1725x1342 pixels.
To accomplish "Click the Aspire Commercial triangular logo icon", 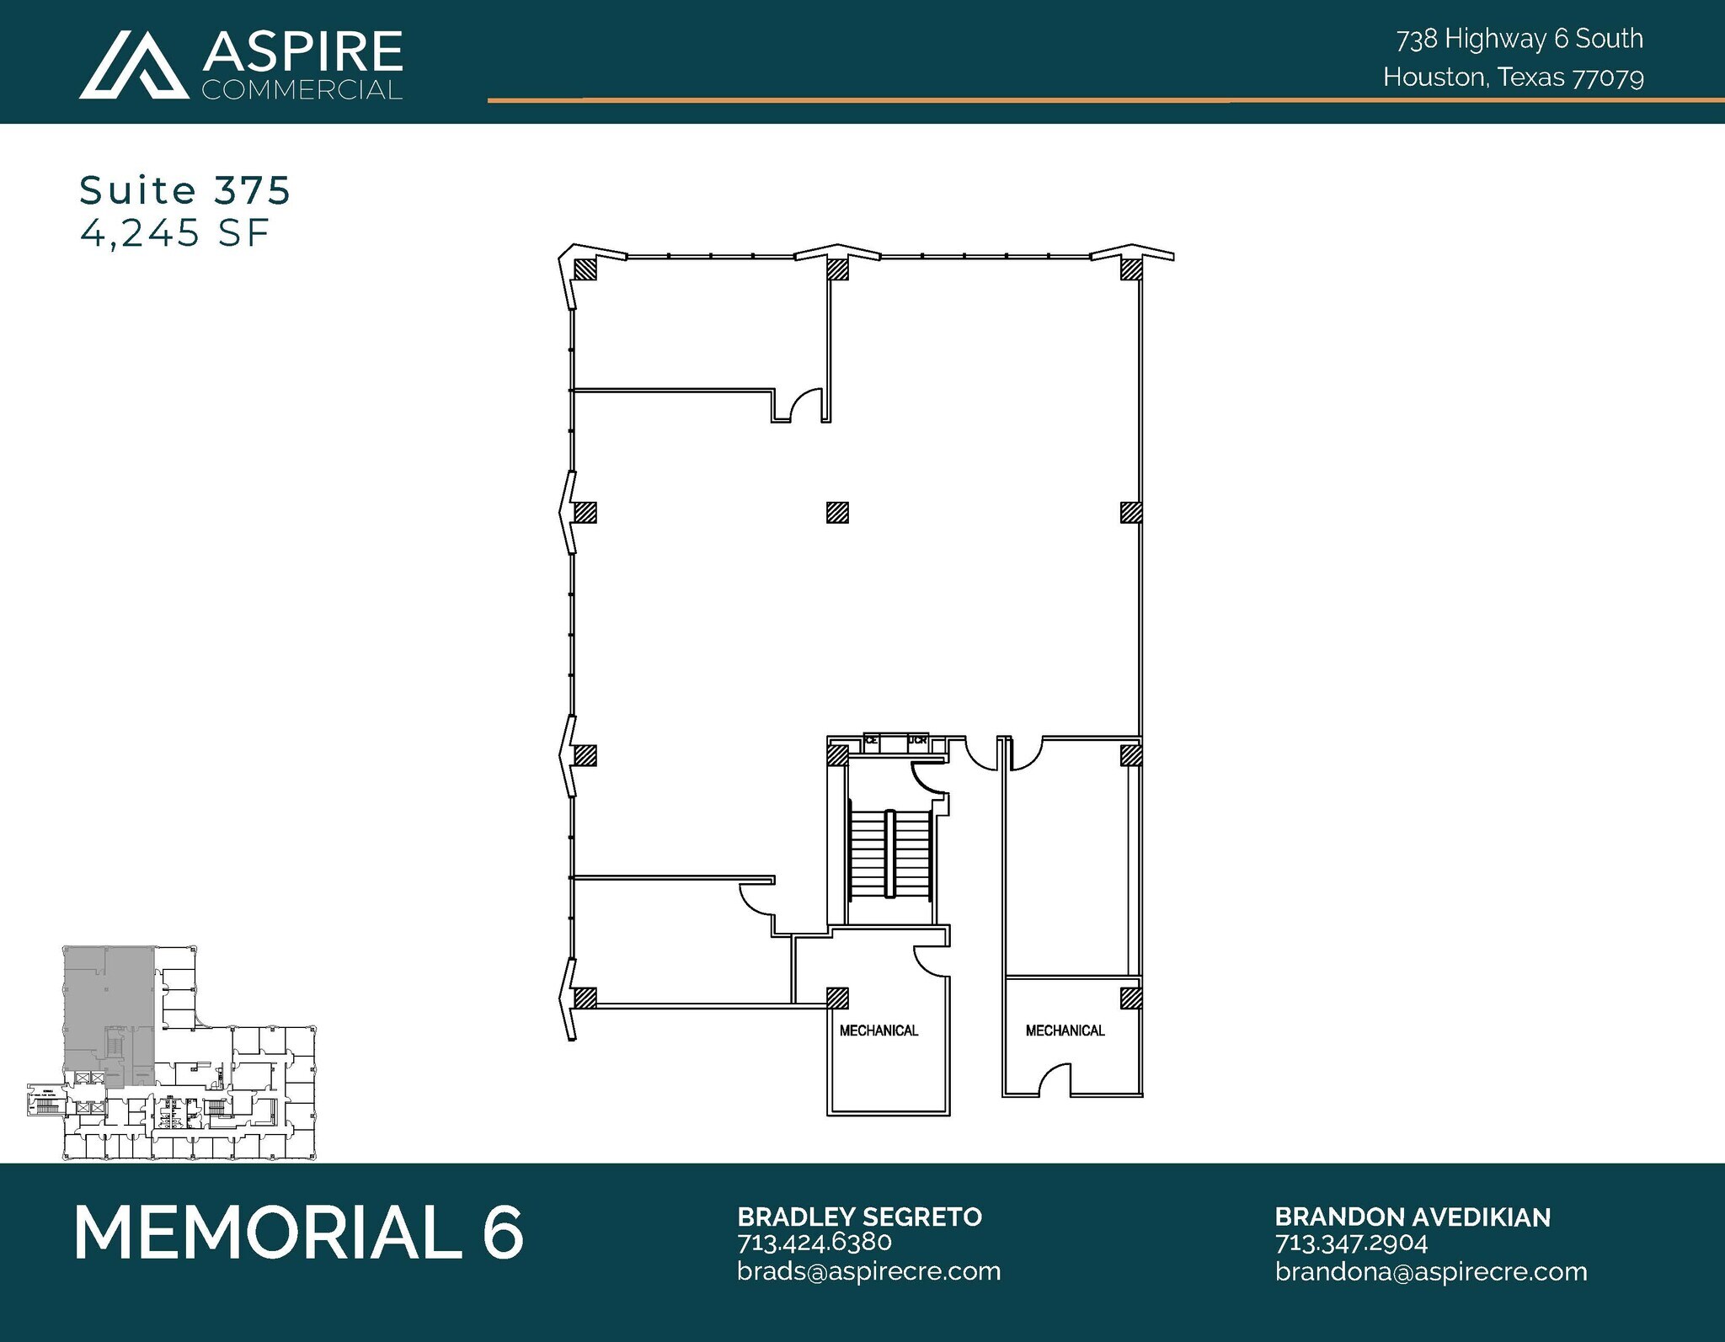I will [134, 65].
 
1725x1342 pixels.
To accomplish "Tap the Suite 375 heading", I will [184, 190].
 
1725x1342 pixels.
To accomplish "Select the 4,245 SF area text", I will [174, 232].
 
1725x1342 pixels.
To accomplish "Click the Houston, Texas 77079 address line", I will [1513, 77].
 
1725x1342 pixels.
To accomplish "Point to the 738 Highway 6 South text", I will [1519, 39].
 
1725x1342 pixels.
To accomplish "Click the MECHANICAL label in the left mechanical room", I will [879, 1030].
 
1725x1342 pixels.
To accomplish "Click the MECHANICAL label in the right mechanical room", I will [1065, 1030].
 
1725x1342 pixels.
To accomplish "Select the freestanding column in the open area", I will [836, 512].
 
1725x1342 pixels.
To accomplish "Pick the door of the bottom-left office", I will [756, 898].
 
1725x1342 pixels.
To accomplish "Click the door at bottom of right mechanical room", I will [1055, 1081].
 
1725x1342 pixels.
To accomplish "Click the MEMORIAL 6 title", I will [299, 1233].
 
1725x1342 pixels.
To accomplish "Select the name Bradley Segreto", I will [859, 1217].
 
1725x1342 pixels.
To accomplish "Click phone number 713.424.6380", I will [814, 1242].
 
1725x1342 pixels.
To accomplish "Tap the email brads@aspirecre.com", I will [868, 1270].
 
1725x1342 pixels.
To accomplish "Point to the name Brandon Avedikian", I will [1412, 1217].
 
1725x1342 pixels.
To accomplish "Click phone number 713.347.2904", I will [1351, 1242].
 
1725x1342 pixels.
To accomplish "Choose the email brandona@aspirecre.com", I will [1430, 1270].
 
